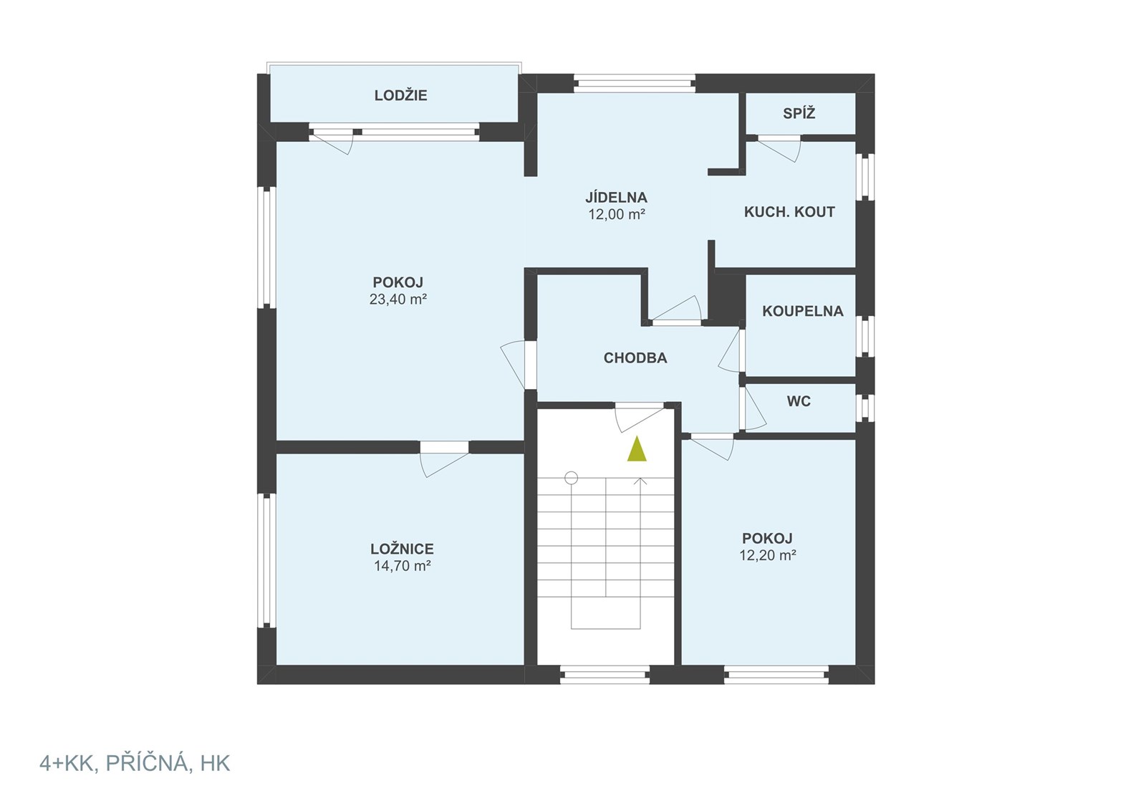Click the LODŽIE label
400,96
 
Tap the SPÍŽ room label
799,114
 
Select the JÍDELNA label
616,197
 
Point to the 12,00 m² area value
616,214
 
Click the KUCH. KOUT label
789,212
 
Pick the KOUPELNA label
803,311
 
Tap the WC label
799,402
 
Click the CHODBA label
635,358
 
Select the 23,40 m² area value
398,299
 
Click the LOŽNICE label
402,549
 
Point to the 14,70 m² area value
402,566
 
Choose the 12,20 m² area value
767,555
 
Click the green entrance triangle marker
637,448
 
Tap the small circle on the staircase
571,479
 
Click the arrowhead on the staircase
640,481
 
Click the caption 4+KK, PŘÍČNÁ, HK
135,764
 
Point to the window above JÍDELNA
635,83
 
